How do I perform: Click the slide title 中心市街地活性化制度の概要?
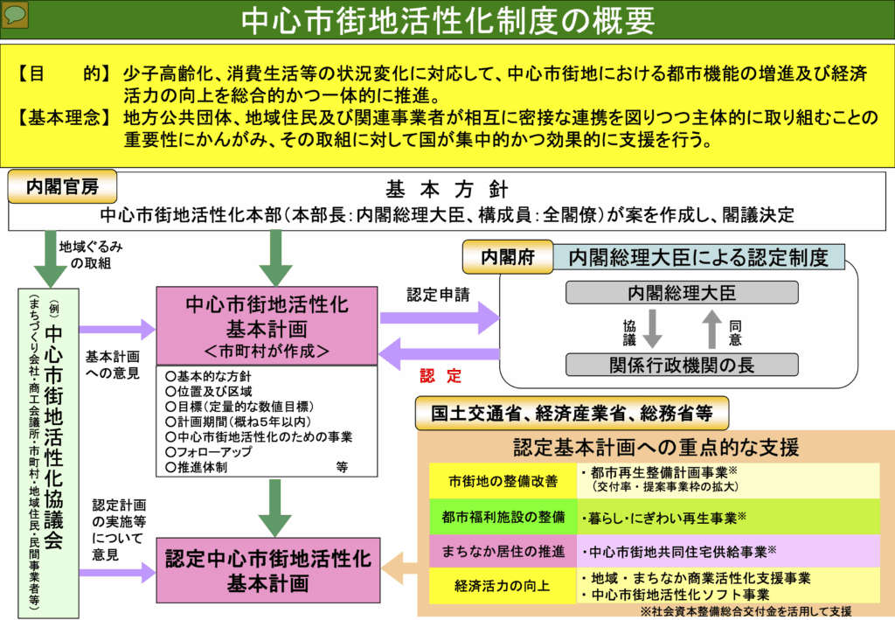tap(447, 19)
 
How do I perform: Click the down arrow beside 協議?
tap(650, 328)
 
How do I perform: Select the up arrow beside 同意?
tap(712, 328)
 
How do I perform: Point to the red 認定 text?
tap(440, 377)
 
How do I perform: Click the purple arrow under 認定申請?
tap(439, 317)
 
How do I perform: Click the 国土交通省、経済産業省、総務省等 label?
tap(572, 413)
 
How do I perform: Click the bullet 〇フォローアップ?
tap(210, 452)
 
